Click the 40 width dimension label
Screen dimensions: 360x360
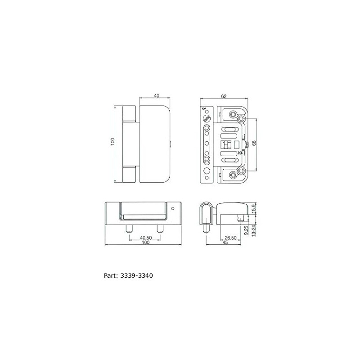[157, 95]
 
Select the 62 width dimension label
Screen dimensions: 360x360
[223, 95]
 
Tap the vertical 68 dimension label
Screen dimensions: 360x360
[254, 144]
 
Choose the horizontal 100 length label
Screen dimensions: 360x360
[145, 243]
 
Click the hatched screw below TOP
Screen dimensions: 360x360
[207, 118]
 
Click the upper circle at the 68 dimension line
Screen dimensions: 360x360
[241, 119]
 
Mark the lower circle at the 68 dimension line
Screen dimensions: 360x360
[241, 170]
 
